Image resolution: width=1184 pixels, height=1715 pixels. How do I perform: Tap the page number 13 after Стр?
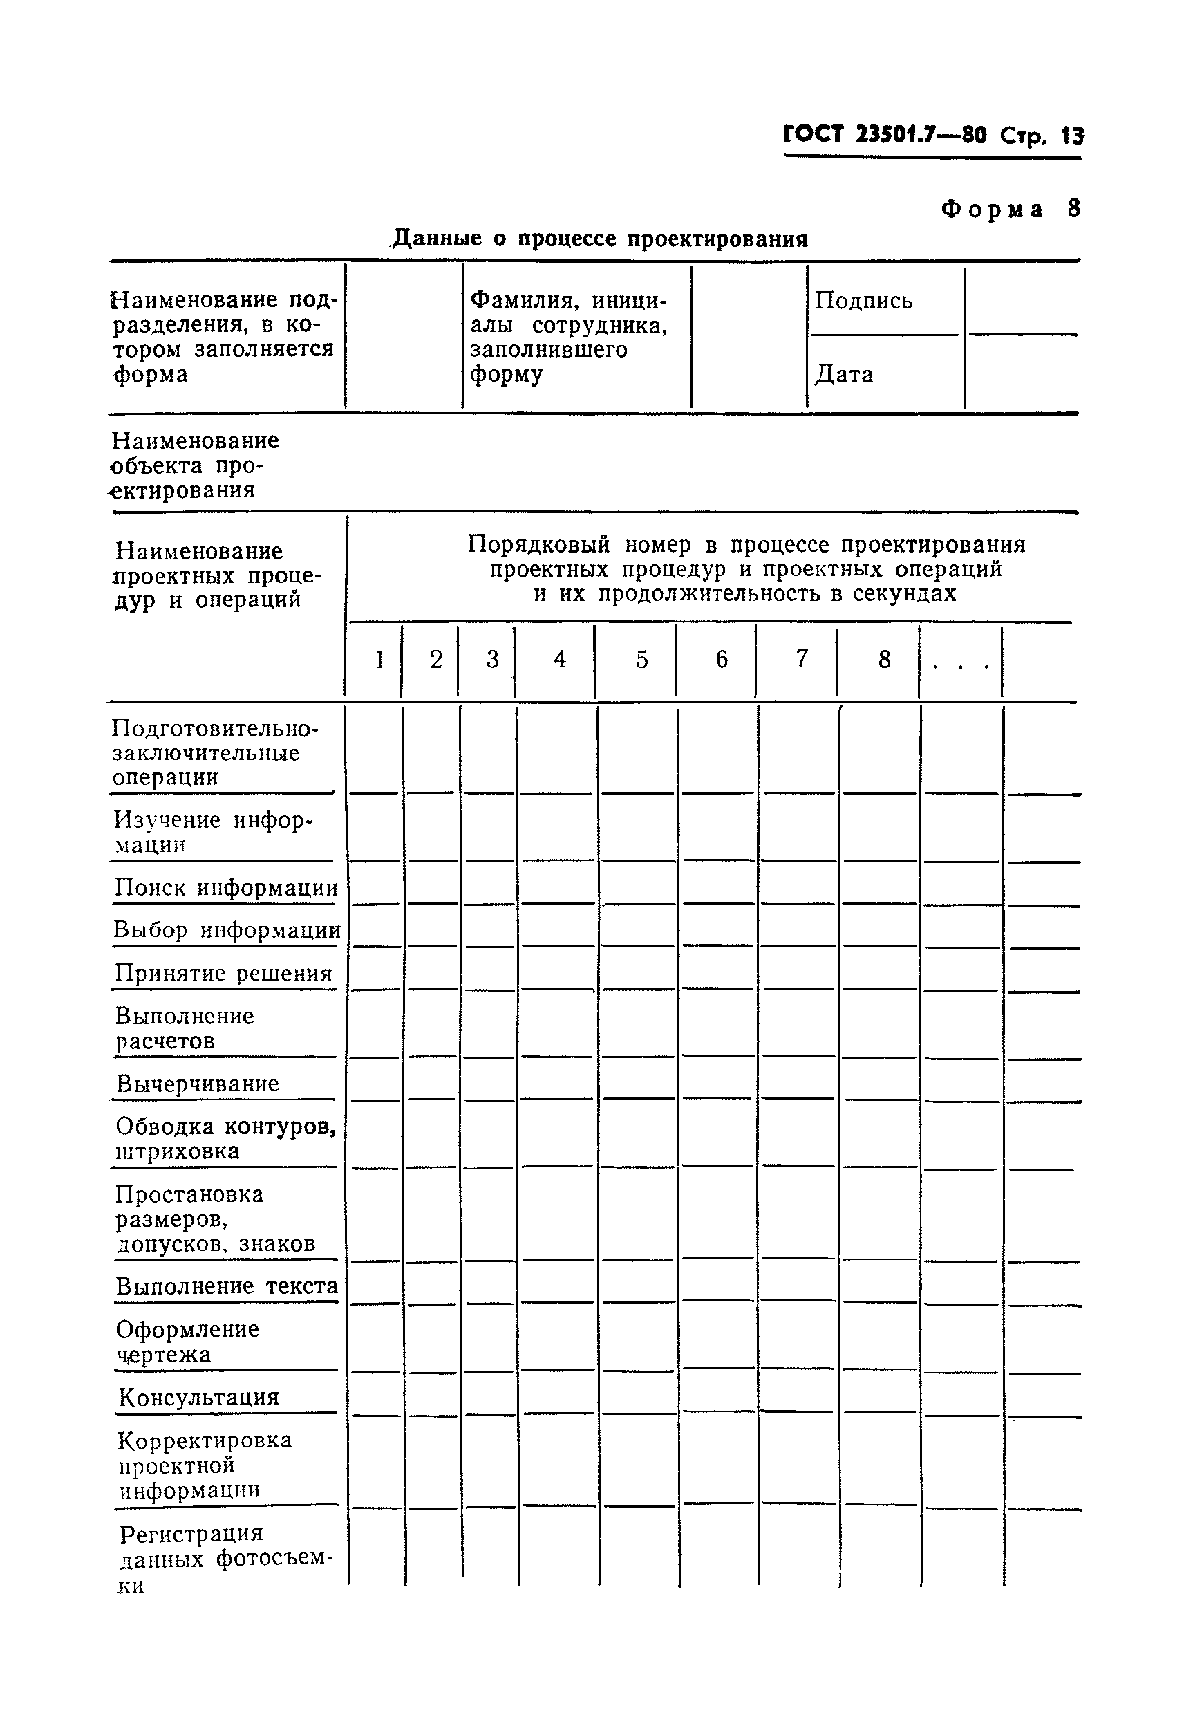(1072, 136)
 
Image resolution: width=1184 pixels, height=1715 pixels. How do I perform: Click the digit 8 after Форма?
(1073, 209)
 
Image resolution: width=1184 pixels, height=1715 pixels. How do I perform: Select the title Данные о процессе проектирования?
(599, 239)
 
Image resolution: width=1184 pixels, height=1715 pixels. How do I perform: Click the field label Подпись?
(863, 301)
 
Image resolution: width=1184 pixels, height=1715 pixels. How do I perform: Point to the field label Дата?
(843, 374)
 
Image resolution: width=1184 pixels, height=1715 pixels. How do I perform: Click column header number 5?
(641, 659)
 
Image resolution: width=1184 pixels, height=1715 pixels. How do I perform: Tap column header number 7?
(801, 658)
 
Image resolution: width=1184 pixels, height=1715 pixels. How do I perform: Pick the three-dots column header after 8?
(961, 662)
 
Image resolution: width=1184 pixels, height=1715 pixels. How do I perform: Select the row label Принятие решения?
(223, 973)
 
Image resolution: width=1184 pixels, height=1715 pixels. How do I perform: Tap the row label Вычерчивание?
(198, 1084)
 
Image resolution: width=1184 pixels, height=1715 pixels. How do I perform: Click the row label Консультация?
(199, 1398)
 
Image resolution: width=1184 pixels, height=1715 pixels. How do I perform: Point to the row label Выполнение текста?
(227, 1286)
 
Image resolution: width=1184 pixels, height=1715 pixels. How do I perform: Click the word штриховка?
(178, 1151)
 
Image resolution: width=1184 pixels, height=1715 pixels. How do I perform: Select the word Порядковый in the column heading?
(538, 545)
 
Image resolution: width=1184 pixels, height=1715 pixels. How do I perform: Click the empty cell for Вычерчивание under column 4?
(557, 1079)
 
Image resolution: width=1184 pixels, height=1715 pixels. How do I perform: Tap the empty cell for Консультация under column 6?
(718, 1392)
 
